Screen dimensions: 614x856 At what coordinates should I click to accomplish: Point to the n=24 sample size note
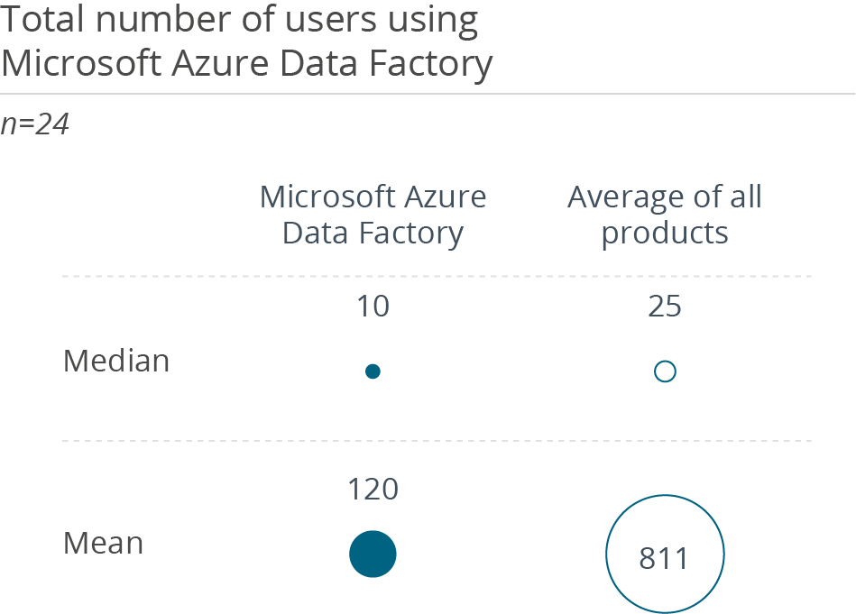pos(35,124)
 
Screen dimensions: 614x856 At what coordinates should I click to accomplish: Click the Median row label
pos(116,362)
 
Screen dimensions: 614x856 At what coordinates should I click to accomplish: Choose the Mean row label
pos(103,544)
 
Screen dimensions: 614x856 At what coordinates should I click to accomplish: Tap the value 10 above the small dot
pos(373,307)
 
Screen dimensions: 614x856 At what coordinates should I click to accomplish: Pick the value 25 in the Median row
pos(665,307)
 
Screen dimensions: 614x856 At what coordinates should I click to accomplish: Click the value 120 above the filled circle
pos(373,490)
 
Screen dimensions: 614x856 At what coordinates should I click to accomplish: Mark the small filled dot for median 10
pos(373,371)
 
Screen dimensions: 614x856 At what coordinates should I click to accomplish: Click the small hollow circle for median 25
pos(665,371)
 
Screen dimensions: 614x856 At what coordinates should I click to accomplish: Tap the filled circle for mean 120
pos(373,554)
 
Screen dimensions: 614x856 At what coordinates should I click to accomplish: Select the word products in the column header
pos(665,234)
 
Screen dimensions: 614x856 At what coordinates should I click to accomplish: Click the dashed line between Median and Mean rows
pos(437,442)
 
